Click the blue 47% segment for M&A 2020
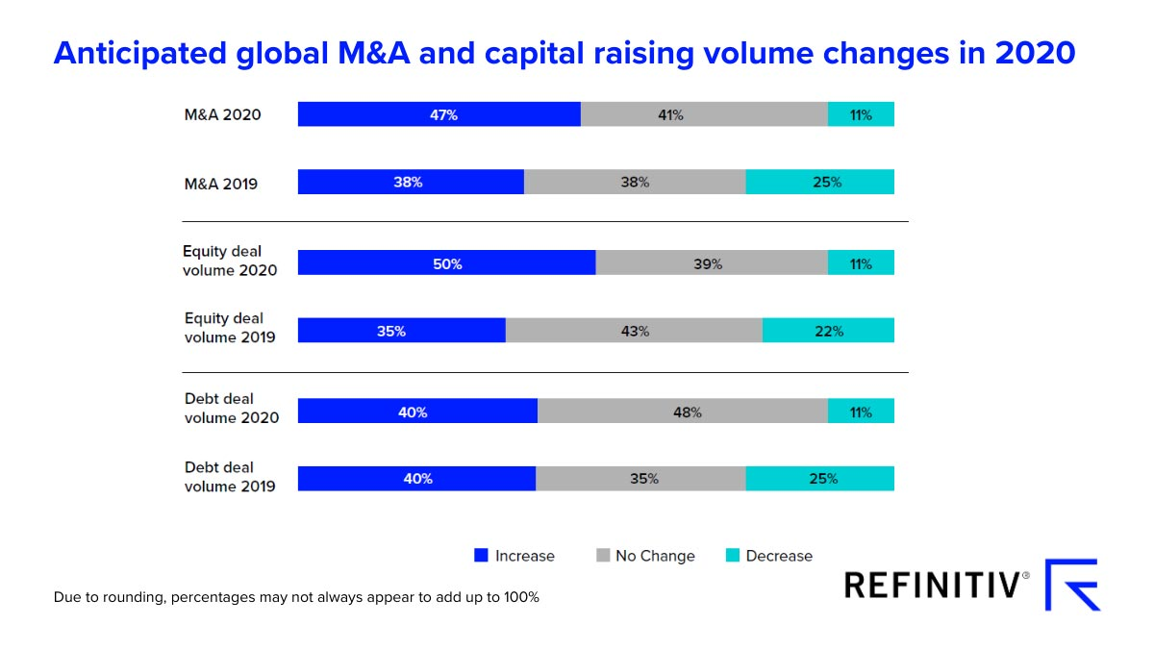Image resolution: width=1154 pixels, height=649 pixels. click(x=439, y=114)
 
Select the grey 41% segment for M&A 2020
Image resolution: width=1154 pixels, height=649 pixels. click(x=704, y=114)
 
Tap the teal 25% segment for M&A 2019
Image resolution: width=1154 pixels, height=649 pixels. click(x=819, y=182)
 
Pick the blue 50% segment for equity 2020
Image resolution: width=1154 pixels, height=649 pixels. click(x=446, y=263)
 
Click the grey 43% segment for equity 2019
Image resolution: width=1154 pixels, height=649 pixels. click(x=634, y=331)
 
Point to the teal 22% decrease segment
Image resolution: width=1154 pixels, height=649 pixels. click(x=828, y=331)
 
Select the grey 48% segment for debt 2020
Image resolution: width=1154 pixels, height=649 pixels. click(x=682, y=412)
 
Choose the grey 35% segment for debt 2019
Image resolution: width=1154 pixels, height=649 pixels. click(x=640, y=478)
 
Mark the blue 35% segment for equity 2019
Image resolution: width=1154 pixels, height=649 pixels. click(x=401, y=331)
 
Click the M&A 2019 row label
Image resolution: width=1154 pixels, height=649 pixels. click(x=221, y=183)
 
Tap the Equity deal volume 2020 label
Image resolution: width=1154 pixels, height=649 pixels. click(x=230, y=261)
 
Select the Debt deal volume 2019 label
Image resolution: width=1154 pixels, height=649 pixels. click(x=230, y=477)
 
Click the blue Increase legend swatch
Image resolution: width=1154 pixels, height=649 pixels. click(x=482, y=556)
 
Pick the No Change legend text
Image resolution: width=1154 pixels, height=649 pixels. click(x=655, y=556)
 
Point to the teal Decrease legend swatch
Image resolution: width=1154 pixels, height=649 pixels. click(x=733, y=556)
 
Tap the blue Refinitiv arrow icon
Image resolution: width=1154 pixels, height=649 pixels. click(x=1073, y=584)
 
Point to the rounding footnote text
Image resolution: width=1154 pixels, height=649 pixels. click(x=296, y=597)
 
